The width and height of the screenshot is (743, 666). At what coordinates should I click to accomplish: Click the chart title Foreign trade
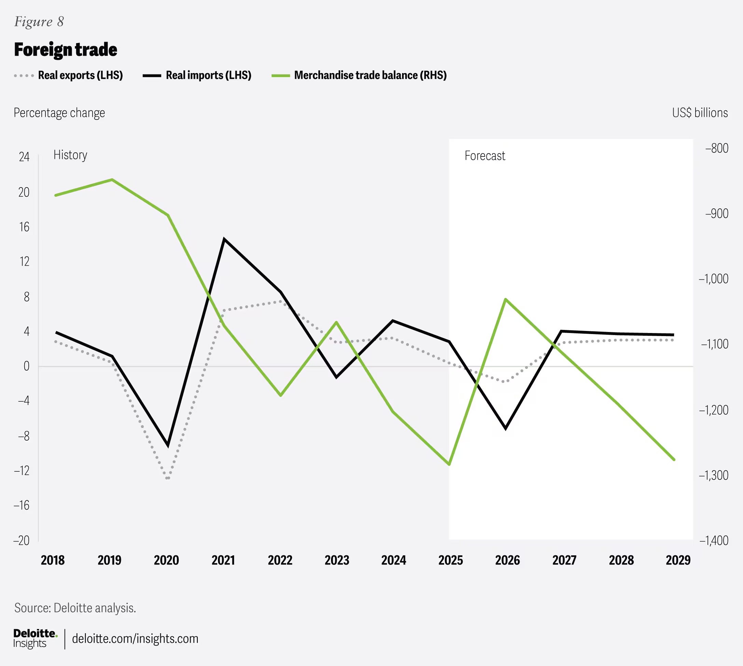(x=66, y=50)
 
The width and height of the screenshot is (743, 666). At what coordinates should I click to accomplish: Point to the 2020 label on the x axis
(x=166, y=560)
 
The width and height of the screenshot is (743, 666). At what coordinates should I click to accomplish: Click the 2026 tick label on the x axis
(x=507, y=560)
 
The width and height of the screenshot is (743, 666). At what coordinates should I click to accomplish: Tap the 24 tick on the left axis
(x=24, y=157)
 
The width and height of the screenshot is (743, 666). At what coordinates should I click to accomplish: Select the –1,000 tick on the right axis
(x=713, y=279)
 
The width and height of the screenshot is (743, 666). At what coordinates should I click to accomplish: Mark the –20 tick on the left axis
(x=22, y=540)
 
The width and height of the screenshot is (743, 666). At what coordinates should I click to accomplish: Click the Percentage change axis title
(x=59, y=113)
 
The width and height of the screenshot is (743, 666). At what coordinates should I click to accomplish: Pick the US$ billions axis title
(x=700, y=113)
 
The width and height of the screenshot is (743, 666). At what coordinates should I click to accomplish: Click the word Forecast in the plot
(x=485, y=156)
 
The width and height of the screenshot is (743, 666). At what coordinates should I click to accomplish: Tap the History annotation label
(x=70, y=155)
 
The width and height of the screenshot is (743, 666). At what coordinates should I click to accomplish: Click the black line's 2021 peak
(x=224, y=239)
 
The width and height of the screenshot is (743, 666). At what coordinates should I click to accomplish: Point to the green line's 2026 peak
(x=506, y=299)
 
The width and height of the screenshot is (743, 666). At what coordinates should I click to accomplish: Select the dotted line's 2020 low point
(x=168, y=478)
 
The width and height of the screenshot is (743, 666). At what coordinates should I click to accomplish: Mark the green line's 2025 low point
(x=449, y=464)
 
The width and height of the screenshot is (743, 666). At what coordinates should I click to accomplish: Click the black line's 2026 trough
(x=506, y=428)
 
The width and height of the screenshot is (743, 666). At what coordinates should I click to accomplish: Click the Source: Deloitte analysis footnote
(x=75, y=608)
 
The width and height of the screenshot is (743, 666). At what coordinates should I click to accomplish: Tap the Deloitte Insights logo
(x=35, y=638)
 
